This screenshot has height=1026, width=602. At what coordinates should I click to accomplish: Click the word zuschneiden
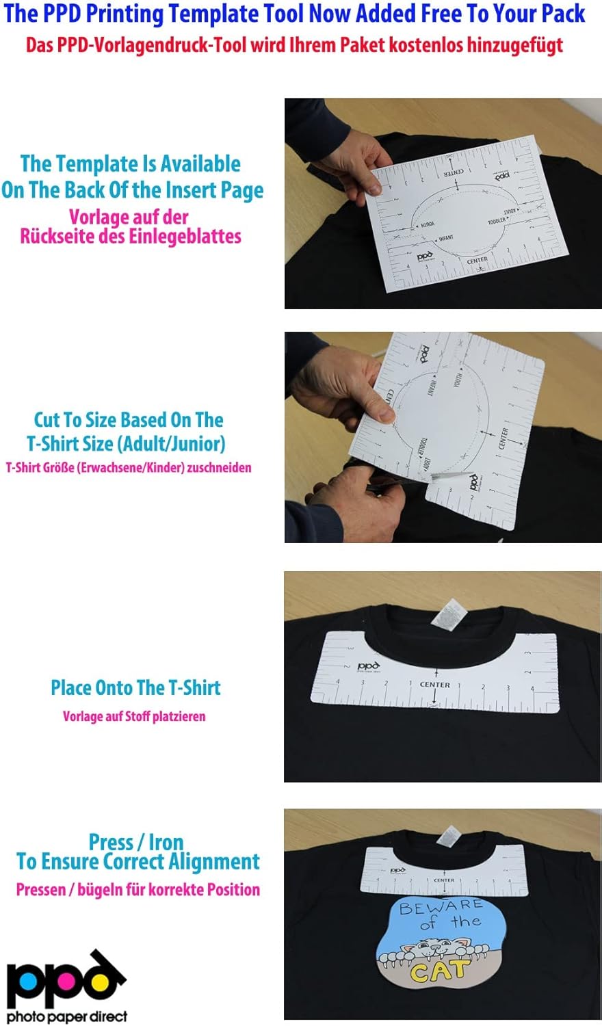[220, 468]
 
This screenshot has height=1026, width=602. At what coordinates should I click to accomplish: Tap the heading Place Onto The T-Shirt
[135, 687]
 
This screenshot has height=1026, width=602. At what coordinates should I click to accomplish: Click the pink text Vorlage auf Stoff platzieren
[134, 716]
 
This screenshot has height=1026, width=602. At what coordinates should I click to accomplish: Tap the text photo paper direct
[67, 1016]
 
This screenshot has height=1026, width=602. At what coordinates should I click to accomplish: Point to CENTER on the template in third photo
[435, 684]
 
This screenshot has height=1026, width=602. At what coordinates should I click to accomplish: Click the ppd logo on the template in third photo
[368, 666]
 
